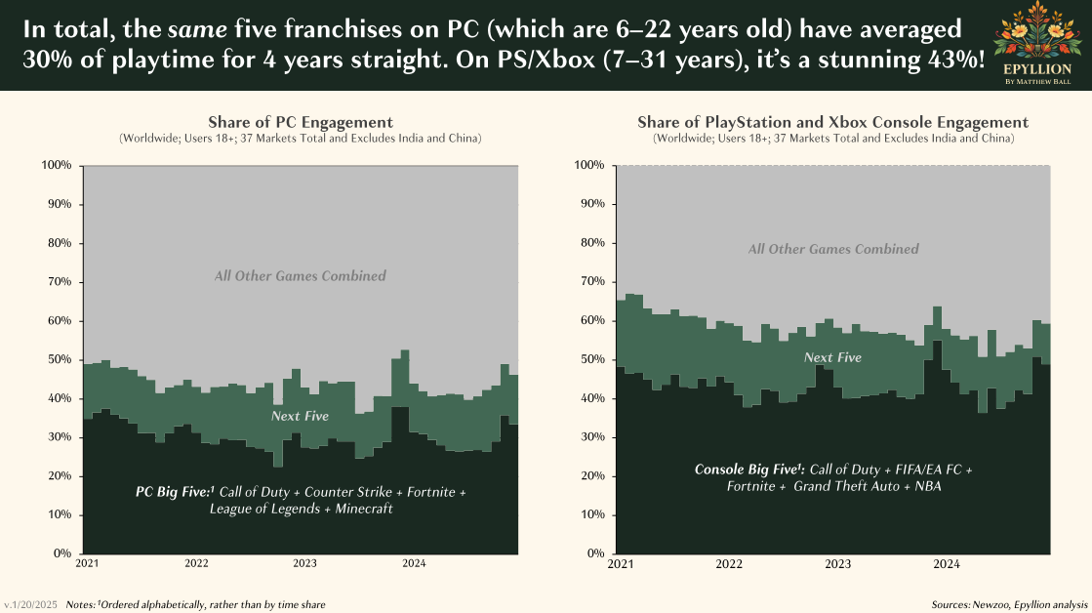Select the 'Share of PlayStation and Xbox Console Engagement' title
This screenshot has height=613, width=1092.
click(x=832, y=122)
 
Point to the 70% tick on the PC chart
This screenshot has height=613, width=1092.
click(x=58, y=282)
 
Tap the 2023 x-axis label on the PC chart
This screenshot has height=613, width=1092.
click(x=304, y=563)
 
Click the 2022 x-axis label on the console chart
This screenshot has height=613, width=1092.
click(x=728, y=563)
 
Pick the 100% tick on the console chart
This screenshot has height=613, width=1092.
click(x=590, y=165)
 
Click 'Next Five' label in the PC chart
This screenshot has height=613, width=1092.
click(x=301, y=416)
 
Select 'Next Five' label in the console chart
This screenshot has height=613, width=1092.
click(x=832, y=357)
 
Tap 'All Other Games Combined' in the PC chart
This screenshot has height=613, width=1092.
click(x=301, y=276)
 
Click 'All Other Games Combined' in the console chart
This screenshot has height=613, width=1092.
click(x=833, y=249)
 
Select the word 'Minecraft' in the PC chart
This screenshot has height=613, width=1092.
click(x=363, y=510)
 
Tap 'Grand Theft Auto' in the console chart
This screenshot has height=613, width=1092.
click(x=853, y=486)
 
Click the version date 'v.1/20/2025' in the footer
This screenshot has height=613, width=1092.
click(x=30, y=605)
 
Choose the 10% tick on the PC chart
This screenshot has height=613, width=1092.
click(x=61, y=514)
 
